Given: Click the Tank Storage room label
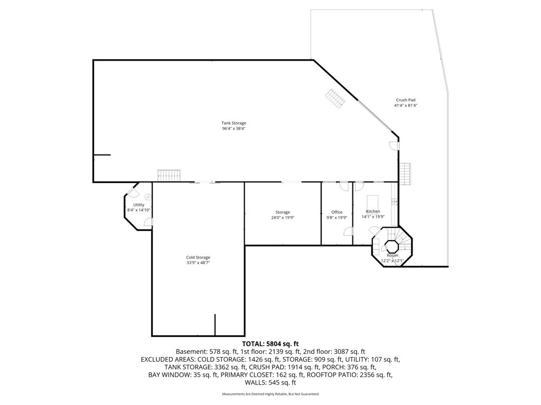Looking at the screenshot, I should [234, 123].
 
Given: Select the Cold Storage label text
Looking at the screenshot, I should [198, 257].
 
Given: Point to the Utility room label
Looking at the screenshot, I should [138, 205].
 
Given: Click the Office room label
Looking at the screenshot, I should [337, 212].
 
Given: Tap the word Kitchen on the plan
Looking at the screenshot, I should [373, 211].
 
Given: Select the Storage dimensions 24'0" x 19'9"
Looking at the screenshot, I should [283, 217].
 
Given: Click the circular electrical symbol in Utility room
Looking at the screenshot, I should [147, 197].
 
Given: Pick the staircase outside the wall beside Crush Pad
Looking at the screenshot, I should [405, 173].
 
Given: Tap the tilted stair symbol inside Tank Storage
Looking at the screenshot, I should [335, 98].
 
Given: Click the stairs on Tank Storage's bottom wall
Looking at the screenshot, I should [169, 176].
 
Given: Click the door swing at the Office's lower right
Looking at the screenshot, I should [348, 231].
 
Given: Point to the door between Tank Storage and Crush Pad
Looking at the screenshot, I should [394, 146].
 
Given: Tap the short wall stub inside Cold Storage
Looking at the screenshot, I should [215, 324].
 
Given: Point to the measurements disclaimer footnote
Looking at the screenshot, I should [270, 394].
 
